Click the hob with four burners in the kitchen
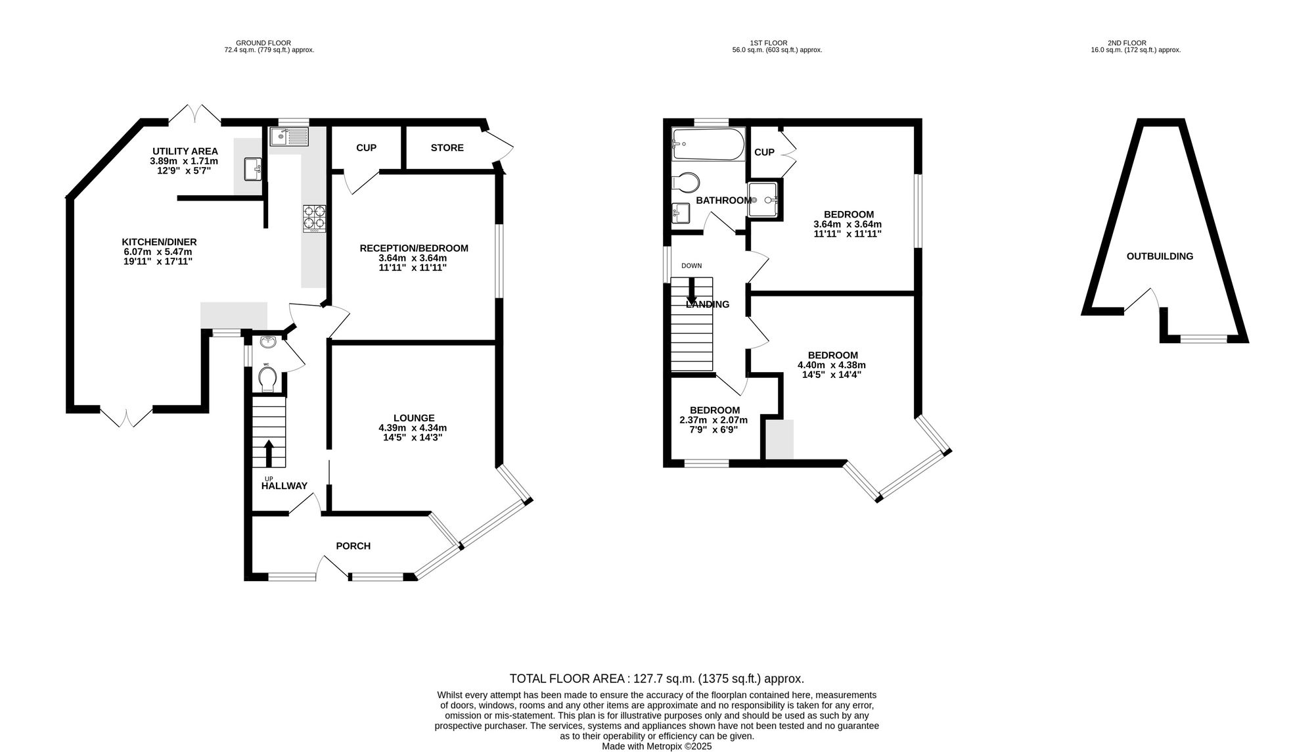point(314,218)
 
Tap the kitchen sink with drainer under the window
point(288,137)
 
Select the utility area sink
point(253,169)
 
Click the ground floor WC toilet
point(267,379)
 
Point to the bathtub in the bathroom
point(708,144)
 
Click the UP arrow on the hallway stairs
point(269,452)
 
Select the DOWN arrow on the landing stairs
point(691,290)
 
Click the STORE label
point(447,148)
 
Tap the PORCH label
point(353,546)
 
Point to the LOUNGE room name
point(413,417)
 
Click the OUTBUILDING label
point(1160,256)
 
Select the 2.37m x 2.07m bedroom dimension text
point(709,419)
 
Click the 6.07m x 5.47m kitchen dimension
point(158,252)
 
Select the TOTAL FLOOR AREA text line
point(656,678)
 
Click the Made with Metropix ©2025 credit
point(656,746)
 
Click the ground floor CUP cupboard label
point(366,148)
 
